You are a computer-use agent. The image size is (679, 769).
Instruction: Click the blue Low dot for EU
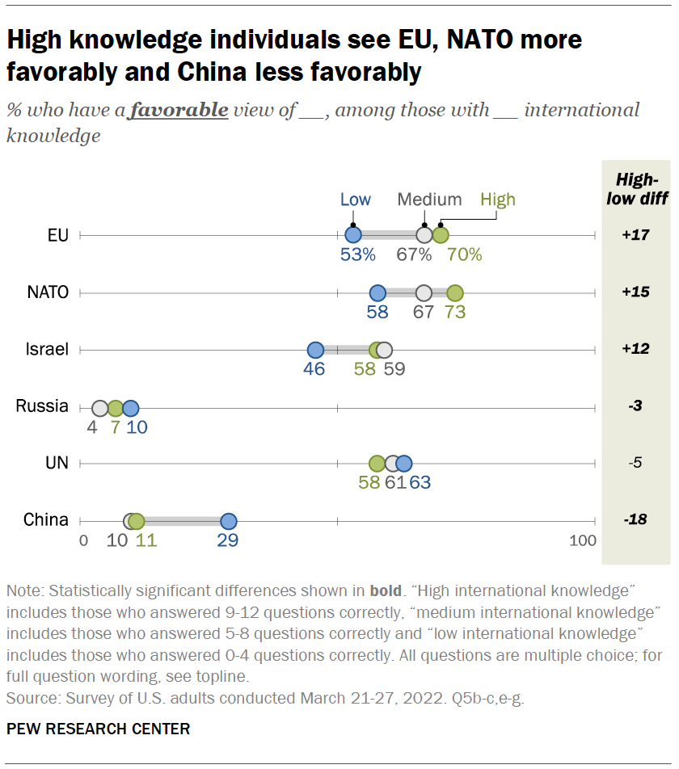(352, 235)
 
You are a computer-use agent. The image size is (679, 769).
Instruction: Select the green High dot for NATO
(454, 292)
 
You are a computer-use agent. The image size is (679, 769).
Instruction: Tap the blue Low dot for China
(229, 521)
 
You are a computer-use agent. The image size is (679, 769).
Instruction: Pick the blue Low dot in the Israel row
(315, 350)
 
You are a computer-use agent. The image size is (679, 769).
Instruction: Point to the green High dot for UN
(377, 464)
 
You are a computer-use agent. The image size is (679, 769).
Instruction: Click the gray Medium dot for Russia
(99, 408)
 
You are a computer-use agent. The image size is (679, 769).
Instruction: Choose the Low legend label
(355, 200)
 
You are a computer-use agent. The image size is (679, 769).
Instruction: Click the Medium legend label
(429, 200)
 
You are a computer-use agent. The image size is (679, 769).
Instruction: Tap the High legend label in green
(497, 200)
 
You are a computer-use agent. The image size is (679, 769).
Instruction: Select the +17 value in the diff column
(636, 235)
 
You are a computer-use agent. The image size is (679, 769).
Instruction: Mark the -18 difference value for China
(636, 521)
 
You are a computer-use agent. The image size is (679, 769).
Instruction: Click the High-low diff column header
(636, 190)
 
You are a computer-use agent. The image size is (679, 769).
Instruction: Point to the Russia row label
(42, 406)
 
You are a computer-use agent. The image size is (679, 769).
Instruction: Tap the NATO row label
(48, 292)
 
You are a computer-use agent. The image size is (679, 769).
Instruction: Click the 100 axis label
(582, 540)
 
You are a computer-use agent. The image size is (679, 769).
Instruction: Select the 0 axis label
(83, 540)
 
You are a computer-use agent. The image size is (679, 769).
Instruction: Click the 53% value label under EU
(357, 255)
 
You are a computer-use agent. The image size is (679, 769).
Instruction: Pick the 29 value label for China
(228, 540)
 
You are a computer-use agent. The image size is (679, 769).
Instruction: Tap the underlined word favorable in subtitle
(178, 110)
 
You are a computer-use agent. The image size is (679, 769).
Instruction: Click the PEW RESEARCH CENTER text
(98, 729)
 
